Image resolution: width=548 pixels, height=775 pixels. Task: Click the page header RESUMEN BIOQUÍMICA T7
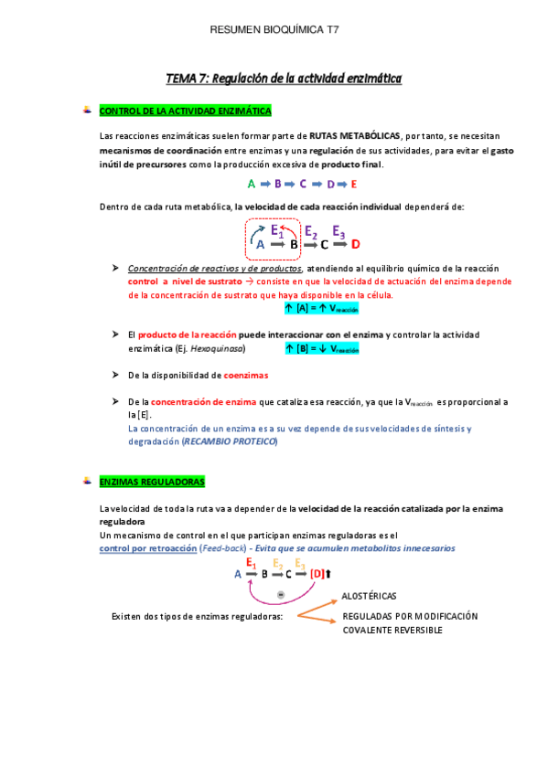click(x=274, y=30)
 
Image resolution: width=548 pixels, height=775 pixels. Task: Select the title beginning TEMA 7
click(x=283, y=79)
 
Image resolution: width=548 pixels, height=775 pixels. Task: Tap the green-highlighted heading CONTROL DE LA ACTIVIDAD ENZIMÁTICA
click(x=185, y=111)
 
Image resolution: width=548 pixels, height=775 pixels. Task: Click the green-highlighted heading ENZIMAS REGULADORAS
click(x=152, y=481)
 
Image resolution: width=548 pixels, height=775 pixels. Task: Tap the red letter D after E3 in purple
click(x=356, y=244)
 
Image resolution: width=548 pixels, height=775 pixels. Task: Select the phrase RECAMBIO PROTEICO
click(x=229, y=441)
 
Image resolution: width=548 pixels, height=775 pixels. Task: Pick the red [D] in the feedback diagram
click(x=317, y=574)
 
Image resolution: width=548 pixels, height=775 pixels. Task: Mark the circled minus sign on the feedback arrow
click(x=281, y=595)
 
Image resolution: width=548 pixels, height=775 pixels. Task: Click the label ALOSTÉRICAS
click(x=369, y=595)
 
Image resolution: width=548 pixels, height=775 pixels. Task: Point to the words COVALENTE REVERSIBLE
click(x=392, y=631)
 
